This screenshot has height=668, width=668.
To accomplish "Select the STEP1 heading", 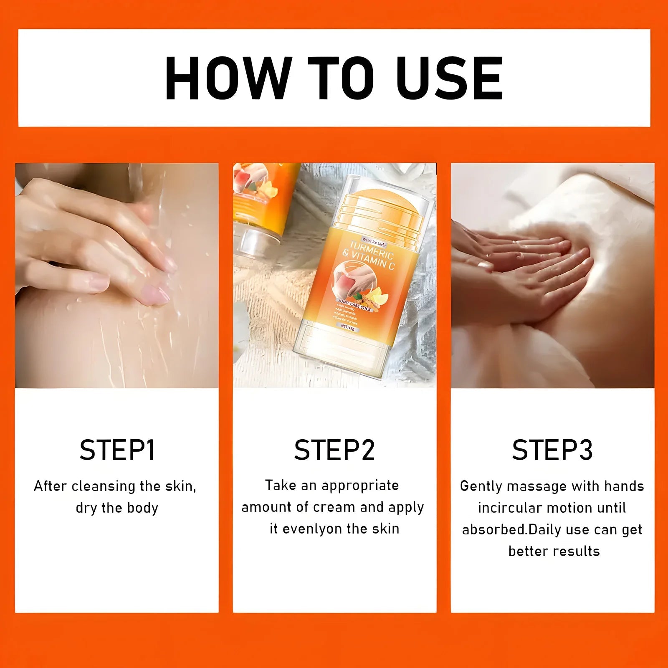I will tap(117, 450).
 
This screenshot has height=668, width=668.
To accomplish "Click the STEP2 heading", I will tap(334, 450).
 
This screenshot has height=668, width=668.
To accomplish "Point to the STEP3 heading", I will tap(552, 450).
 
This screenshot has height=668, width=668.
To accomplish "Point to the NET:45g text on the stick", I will tap(347, 327).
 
